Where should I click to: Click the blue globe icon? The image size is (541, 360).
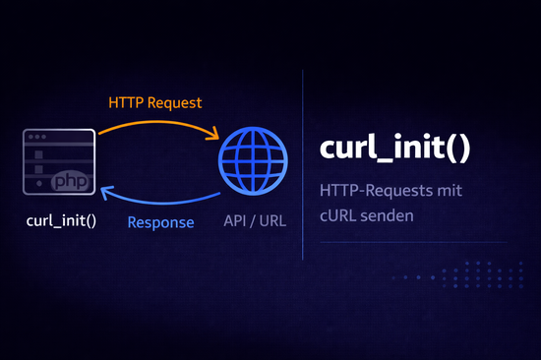coord(254,161)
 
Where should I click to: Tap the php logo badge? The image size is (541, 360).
coord(69,183)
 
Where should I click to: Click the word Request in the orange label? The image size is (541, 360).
coord(177,101)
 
